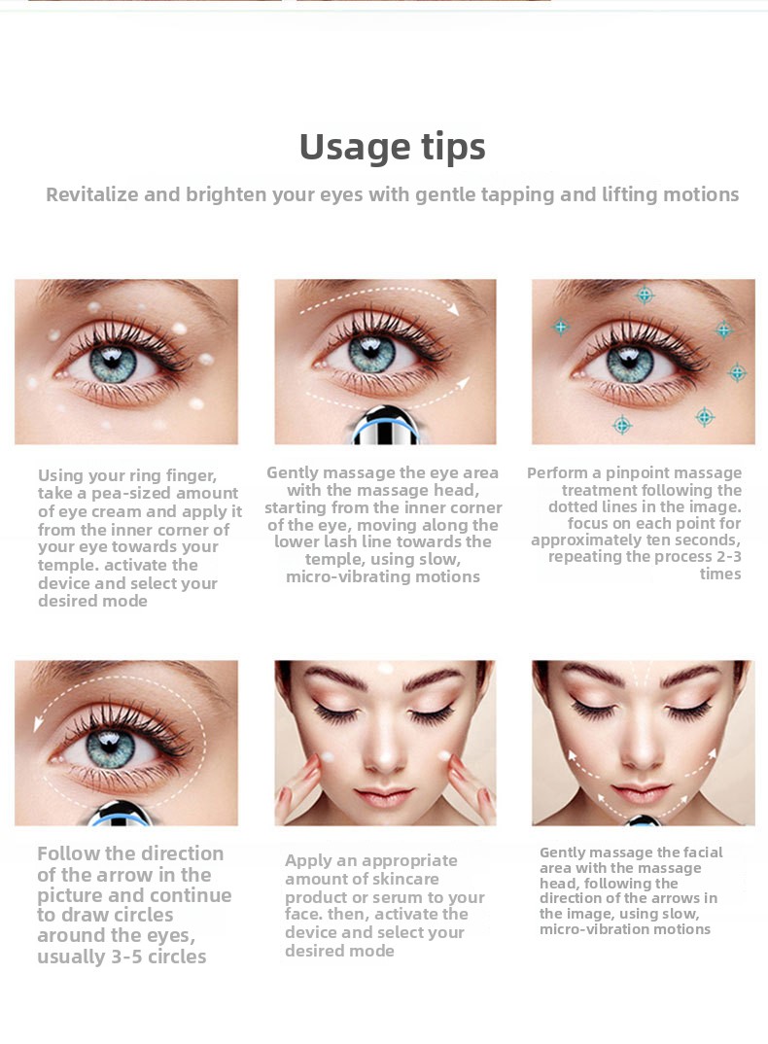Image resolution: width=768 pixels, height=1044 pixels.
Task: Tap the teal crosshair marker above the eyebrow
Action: (x=645, y=295)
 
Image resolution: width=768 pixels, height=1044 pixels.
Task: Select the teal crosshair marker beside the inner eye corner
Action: (x=561, y=327)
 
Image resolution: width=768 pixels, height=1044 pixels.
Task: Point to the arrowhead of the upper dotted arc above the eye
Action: (x=453, y=309)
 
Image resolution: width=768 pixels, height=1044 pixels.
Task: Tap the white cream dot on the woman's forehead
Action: (x=385, y=668)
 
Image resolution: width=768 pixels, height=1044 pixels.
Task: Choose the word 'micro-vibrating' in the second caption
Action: (x=348, y=576)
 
